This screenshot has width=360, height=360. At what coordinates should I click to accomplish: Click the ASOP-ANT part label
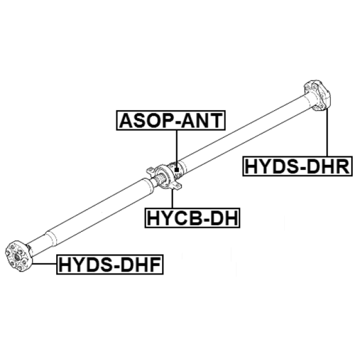pos(171,120)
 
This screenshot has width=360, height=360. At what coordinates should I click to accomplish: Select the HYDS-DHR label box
pos(297,166)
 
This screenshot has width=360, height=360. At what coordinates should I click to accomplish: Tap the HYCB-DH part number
pos(193,218)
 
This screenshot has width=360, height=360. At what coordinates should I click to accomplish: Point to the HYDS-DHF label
pos(110,265)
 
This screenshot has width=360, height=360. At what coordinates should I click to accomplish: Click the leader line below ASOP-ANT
pos(177,149)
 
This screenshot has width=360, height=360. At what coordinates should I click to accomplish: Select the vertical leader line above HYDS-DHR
pos(327,132)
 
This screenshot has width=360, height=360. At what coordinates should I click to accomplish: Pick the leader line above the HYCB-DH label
pos(172,198)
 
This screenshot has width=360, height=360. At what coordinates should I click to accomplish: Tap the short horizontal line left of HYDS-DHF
pos(44,264)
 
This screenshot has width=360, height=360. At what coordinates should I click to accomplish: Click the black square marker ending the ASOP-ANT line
pos(176,171)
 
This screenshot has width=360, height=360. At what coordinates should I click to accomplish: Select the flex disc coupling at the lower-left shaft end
pos(18,256)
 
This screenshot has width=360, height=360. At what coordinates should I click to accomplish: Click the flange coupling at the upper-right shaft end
pos(317,96)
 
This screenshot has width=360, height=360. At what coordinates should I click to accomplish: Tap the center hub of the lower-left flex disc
pos(17,257)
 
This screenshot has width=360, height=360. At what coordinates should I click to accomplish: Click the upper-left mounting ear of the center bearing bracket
pos(150,171)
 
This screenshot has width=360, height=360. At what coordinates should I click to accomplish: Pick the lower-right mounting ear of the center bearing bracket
pos(178,186)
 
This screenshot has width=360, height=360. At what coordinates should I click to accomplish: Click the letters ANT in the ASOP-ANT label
pos(202,120)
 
